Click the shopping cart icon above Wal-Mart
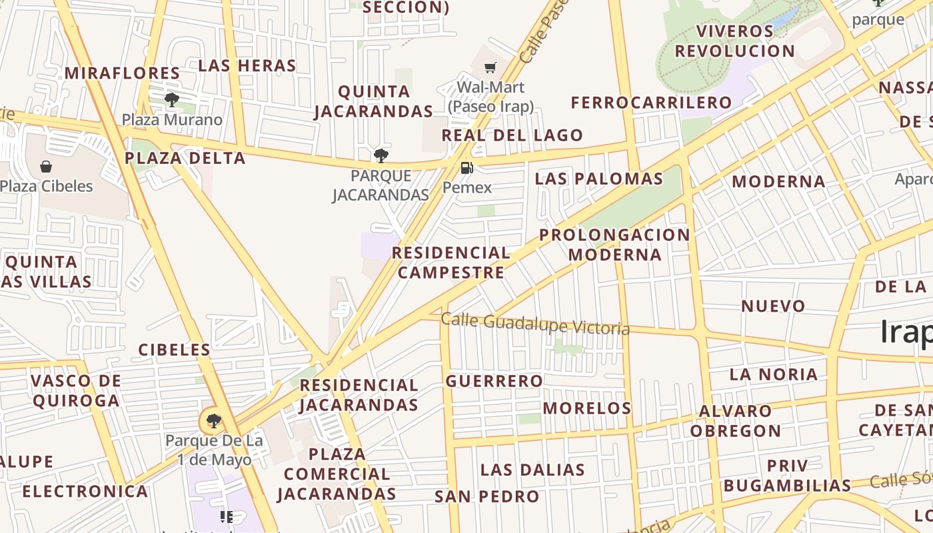(490, 67)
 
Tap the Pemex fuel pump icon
(467, 167)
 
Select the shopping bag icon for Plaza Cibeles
(46, 166)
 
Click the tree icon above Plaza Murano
(172, 100)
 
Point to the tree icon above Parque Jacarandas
(381, 156)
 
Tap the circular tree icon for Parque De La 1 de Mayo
(213, 421)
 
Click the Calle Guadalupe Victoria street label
(535, 324)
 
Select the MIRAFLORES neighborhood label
(122, 73)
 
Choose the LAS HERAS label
(247, 65)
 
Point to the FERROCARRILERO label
(651, 103)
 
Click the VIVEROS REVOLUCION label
(735, 41)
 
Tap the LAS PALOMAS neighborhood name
(599, 179)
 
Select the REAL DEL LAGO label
(512, 135)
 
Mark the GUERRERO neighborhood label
(494, 381)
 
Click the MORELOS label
(587, 408)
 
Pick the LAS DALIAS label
(532, 470)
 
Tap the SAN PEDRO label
(487, 496)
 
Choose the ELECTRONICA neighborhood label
(85, 492)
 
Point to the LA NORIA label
(774, 374)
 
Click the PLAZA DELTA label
(185, 158)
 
